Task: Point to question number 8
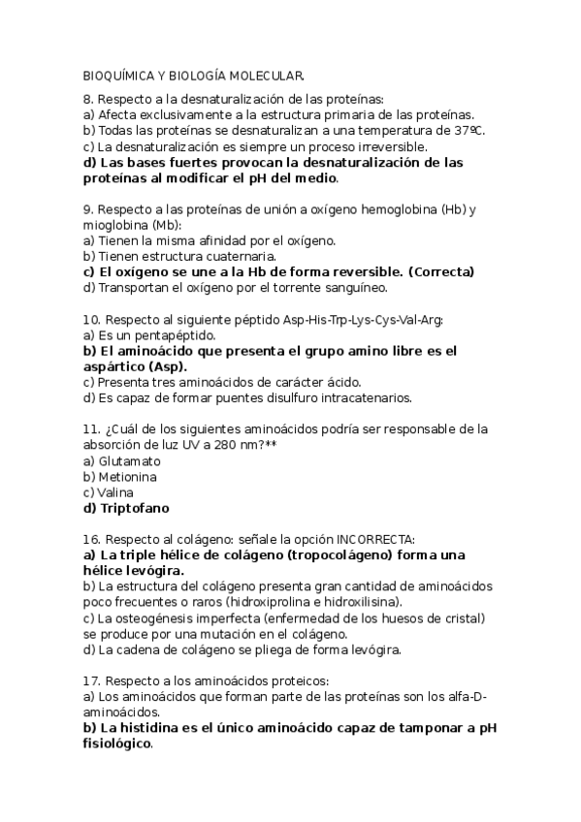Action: pyautogui.click(x=88, y=100)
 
